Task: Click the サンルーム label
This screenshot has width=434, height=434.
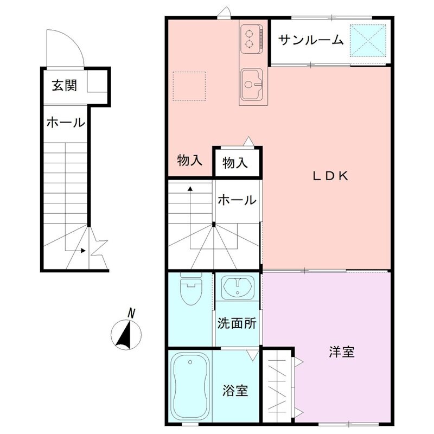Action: point(311,40)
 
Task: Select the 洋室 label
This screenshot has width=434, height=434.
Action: point(341,352)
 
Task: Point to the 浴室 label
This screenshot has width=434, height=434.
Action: point(235,390)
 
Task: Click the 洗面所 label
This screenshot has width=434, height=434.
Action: point(237,323)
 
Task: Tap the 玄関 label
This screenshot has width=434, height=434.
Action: point(63,85)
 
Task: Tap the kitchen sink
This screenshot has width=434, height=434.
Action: point(252,84)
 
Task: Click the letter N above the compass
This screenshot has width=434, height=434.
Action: point(131,312)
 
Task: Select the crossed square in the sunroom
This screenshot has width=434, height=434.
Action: point(367,40)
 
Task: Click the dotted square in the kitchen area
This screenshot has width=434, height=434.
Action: point(189,86)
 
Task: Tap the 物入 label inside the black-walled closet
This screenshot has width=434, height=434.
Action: point(235,162)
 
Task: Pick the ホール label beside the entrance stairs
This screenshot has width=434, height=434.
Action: point(65,123)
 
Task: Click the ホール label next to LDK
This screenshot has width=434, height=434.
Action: point(237,200)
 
